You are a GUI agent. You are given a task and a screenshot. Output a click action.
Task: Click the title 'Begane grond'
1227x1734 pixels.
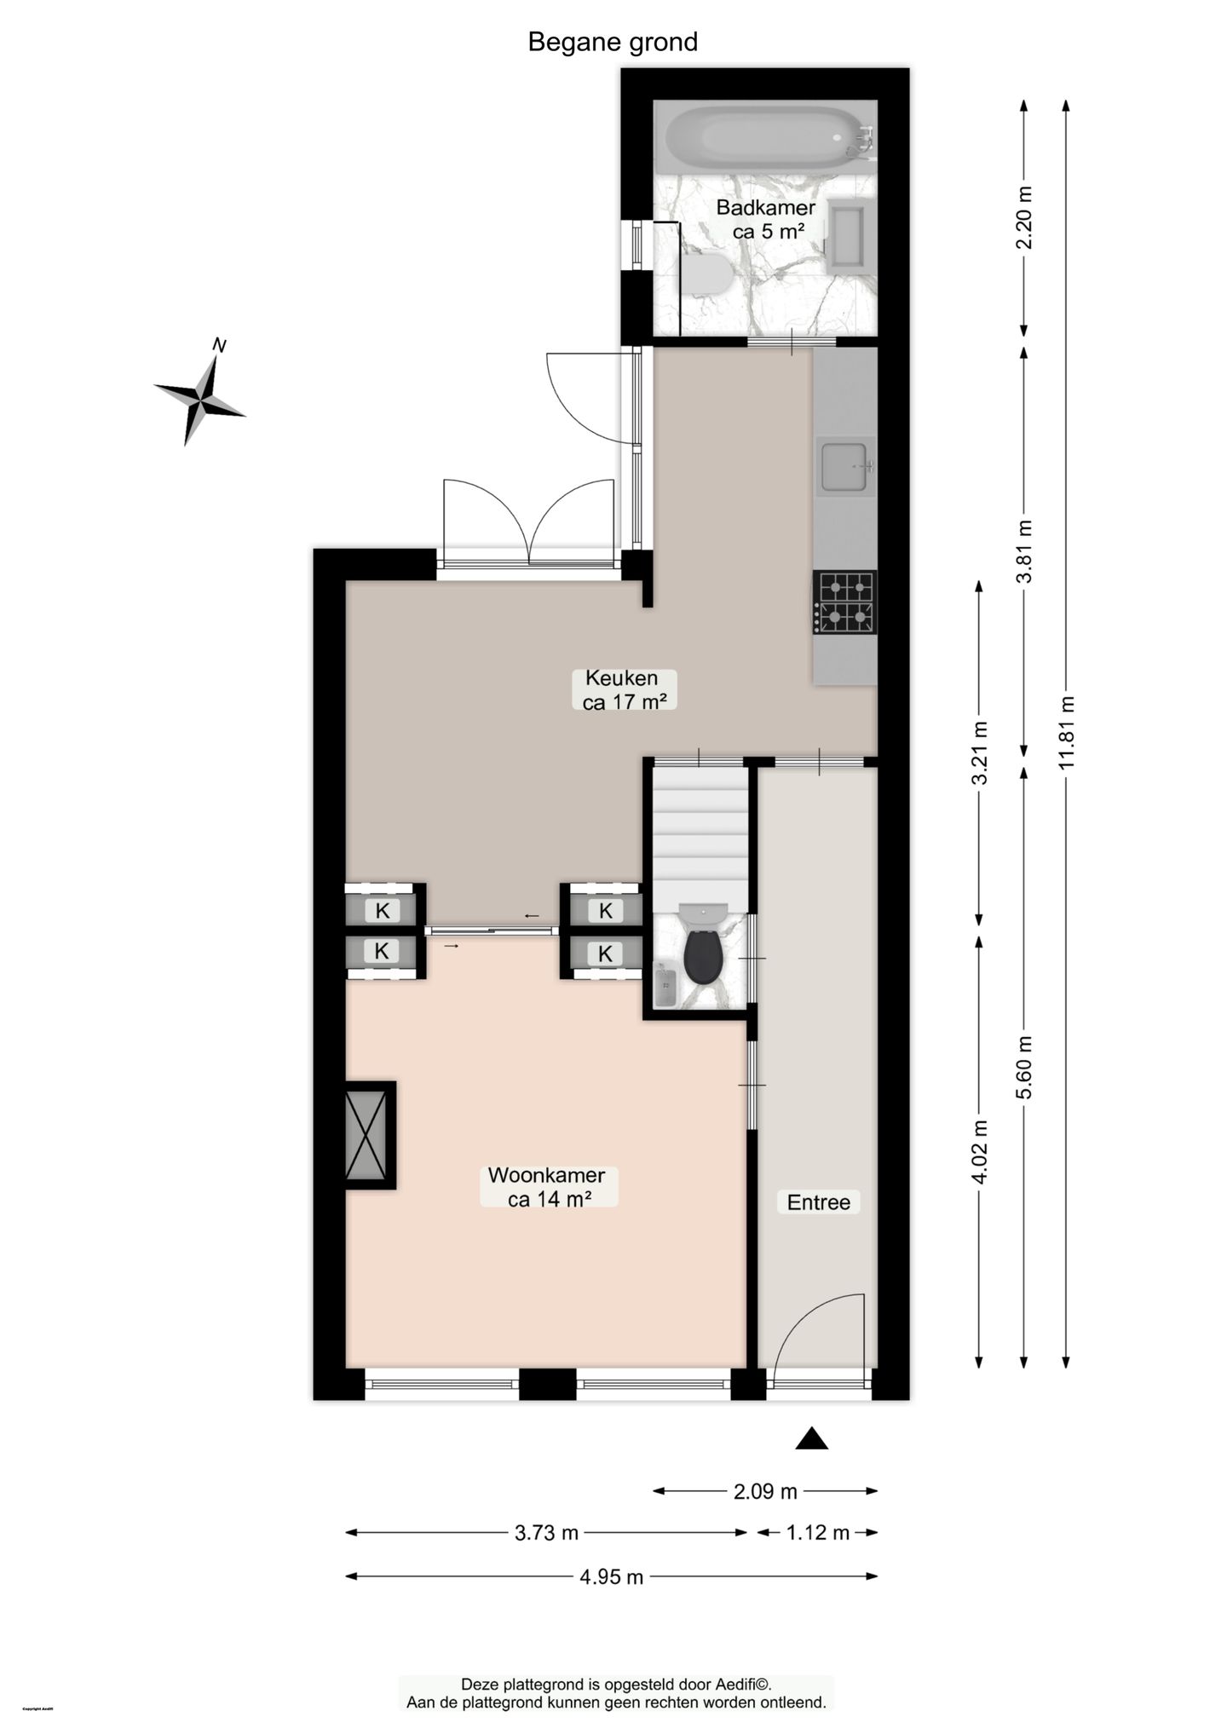(613, 42)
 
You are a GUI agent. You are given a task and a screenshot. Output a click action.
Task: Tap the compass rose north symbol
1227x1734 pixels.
(200, 396)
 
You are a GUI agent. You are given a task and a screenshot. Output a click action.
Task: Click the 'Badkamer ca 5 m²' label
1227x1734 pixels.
(765, 219)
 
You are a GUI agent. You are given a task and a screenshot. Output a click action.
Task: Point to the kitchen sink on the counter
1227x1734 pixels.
(844, 467)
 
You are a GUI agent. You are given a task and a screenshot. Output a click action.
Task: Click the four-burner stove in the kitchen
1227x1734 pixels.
(844, 602)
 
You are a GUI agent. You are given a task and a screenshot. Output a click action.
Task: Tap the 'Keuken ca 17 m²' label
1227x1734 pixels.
(623, 689)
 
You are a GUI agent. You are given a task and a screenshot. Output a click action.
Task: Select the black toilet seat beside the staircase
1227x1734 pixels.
(703, 956)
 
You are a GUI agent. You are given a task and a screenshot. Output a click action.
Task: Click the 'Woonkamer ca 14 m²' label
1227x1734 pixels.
(547, 1187)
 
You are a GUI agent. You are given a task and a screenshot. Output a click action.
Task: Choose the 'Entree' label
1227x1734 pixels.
(818, 1202)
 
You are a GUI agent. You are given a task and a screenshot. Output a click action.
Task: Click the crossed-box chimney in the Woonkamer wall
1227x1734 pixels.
(366, 1135)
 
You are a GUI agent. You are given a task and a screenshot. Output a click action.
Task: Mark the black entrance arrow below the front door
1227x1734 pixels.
(812, 1438)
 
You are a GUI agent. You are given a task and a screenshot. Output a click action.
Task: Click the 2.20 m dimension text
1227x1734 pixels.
(1024, 217)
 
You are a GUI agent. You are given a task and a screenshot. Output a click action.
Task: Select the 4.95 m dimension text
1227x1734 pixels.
(611, 1577)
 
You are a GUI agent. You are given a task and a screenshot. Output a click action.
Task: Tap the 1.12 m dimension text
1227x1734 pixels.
(817, 1533)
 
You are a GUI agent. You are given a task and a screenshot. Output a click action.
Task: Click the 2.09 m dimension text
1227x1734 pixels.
(764, 1491)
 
